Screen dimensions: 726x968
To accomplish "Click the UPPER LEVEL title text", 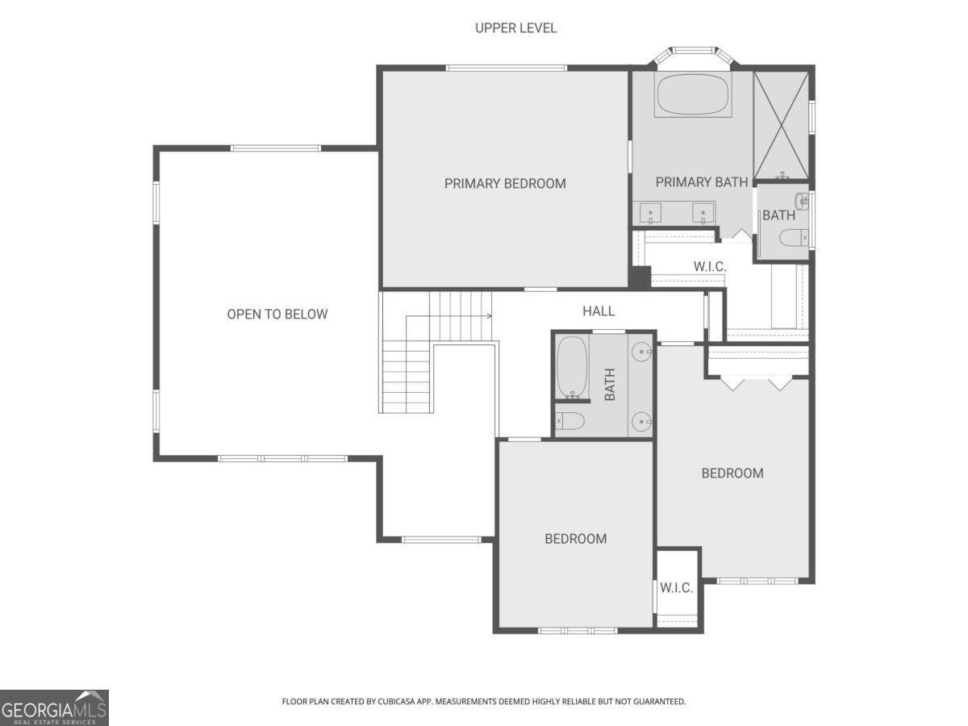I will coord(515,28).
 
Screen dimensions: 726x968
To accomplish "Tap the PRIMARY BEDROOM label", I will coord(505,183).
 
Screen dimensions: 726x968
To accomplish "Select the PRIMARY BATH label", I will coord(701,182).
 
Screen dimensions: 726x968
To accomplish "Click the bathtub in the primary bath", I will coord(693,95).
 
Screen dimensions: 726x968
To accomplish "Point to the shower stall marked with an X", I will coord(781,124).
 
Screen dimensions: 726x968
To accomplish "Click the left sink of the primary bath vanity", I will coord(651,214).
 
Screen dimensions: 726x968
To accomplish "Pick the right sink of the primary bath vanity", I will coord(703,214).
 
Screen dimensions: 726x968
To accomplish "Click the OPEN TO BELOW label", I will coord(277,314).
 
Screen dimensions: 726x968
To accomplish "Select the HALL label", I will coord(599,311).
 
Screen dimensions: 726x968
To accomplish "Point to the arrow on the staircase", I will coord(488,315).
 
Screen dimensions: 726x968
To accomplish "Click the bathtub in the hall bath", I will coord(572,366).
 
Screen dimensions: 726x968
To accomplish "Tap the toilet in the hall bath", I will coord(570,420).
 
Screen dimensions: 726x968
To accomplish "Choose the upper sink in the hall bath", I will coord(641,352).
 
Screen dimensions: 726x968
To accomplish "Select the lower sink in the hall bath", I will coord(641,420).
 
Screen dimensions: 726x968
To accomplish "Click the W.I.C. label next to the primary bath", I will coord(710,266).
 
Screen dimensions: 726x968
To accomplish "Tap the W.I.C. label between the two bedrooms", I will coord(676,587).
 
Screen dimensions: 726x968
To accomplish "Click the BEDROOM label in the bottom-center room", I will coord(575,539).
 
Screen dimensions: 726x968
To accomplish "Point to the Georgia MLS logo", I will coord(54,707).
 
